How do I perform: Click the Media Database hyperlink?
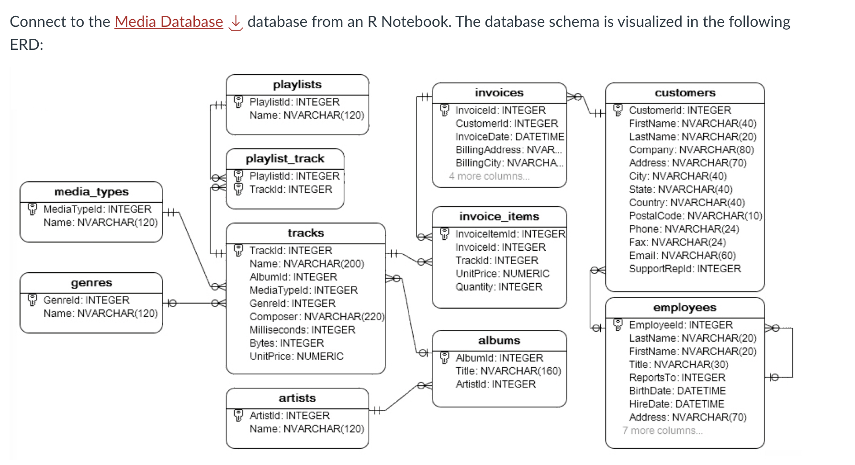pos(169,22)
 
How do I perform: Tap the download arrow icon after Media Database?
pos(236,23)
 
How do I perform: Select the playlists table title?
pos(297,85)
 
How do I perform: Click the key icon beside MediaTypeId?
pos(33,209)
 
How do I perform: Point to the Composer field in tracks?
pos(316,317)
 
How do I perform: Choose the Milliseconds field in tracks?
pos(302,330)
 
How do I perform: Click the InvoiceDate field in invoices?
pos(509,137)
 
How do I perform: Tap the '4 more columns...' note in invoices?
pos(489,176)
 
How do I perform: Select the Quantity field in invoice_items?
pos(499,287)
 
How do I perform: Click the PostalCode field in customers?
pos(695,216)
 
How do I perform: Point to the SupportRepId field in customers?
pos(685,269)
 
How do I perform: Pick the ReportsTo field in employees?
pos(677,378)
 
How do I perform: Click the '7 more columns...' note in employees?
pos(663,431)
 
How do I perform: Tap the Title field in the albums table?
pos(508,371)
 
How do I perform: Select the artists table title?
pos(297,398)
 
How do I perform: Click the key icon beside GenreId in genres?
pos(33,300)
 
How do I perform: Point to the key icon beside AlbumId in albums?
pos(445,358)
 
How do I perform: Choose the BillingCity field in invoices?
pos(509,163)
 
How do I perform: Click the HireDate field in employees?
pos(676,404)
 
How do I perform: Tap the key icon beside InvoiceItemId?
pos(445,234)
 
